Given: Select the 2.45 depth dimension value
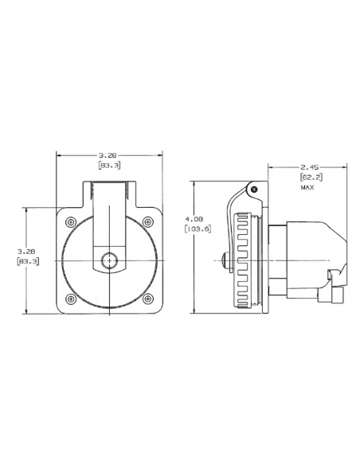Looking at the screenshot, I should [307, 168].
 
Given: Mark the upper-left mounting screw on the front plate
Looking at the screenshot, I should [72, 221].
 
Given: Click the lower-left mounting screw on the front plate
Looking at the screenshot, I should [72, 299].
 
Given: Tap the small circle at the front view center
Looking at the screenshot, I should [108, 260].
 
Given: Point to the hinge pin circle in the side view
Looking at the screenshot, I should [252, 190].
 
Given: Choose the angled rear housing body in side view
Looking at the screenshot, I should [311, 255].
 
